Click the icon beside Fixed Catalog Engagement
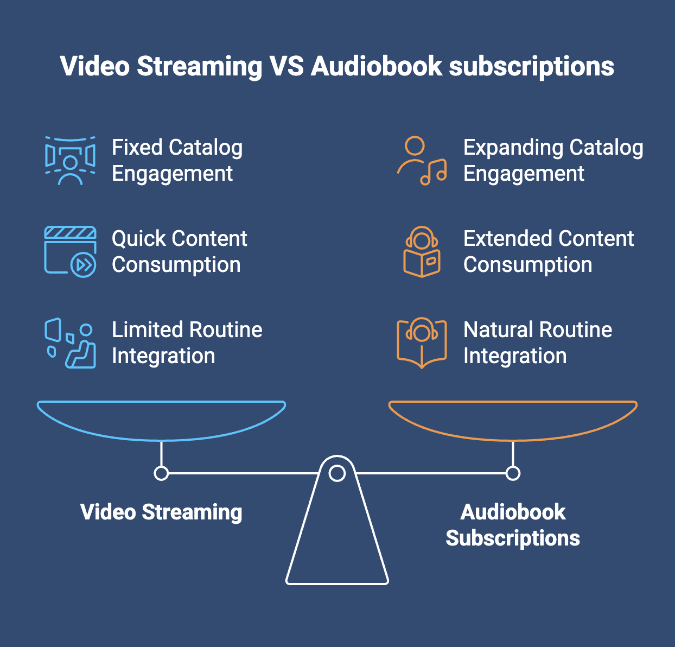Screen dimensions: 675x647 (x=71, y=161)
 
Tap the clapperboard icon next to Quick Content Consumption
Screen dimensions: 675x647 (x=71, y=251)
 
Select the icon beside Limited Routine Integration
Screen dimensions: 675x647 (x=71, y=342)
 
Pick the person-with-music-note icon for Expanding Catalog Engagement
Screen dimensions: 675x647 (x=422, y=161)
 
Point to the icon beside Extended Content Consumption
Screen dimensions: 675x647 (x=422, y=251)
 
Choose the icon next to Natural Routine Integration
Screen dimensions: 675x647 (x=422, y=342)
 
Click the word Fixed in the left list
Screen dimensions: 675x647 (x=137, y=147)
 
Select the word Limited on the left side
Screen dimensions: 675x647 (x=147, y=329)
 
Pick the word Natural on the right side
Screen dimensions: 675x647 (x=498, y=329)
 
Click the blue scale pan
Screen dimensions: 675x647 (x=161, y=439)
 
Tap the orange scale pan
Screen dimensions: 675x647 (x=513, y=439)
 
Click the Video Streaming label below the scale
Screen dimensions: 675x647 (x=161, y=512)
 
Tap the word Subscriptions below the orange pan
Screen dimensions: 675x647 (x=513, y=538)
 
